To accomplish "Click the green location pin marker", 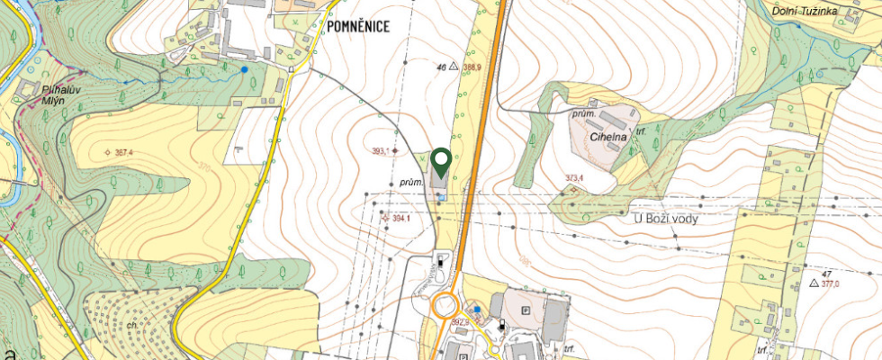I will pyautogui.click(x=441, y=161).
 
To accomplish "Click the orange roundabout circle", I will pyautogui.click(x=445, y=307).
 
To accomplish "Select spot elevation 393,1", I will pyautogui.click(x=384, y=151).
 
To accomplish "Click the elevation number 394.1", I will pyautogui.click(x=400, y=219).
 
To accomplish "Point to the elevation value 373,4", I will pyautogui.click(x=574, y=178).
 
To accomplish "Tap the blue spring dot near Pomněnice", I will pyautogui.click(x=244, y=68).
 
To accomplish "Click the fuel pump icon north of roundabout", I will pyautogui.click(x=439, y=263).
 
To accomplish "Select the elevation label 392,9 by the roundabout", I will pyautogui.click(x=461, y=320).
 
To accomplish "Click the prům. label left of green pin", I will pyautogui.click(x=411, y=182).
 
